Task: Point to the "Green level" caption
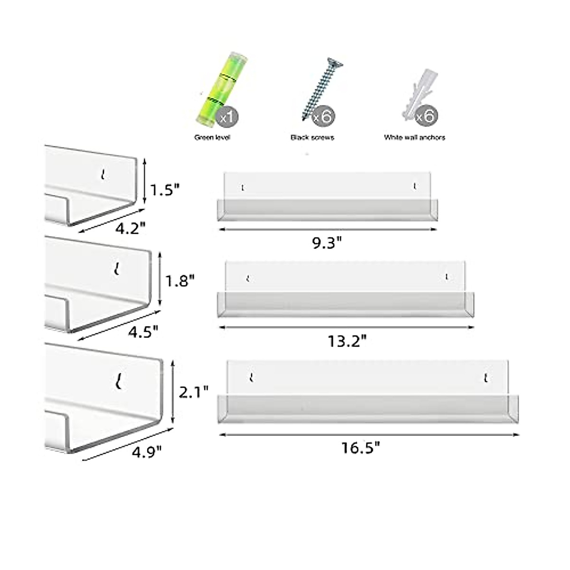tap(212, 138)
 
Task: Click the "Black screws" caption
tap(312, 138)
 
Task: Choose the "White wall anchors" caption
tap(414, 138)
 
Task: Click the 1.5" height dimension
tap(165, 190)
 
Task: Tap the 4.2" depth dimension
tap(129, 230)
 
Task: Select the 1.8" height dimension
tap(180, 281)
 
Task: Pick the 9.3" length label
tap(327, 243)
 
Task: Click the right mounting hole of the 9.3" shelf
tap(415, 186)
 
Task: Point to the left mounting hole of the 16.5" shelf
tap(251, 378)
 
